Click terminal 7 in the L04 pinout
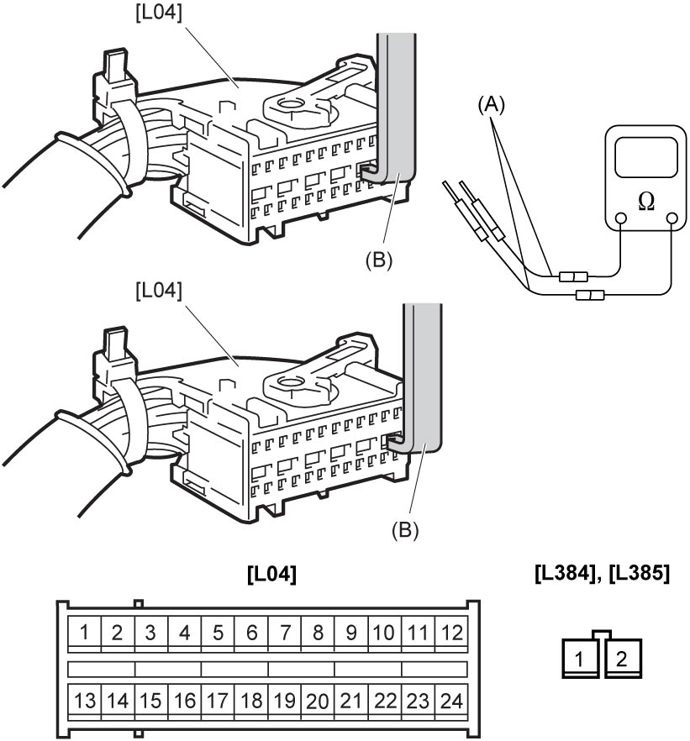point(285,633)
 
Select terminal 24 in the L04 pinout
point(451,702)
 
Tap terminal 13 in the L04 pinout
point(85,702)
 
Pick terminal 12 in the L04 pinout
point(451,633)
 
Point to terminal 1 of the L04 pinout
point(85,633)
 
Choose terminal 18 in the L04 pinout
point(251,702)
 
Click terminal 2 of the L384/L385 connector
point(623,659)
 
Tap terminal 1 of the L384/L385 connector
point(581,659)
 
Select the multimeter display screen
point(646,158)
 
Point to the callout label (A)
point(491,104)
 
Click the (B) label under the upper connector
point(378,260)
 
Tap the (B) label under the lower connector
point(405,530)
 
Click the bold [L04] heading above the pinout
point(271,574)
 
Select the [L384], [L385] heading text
point(602,574)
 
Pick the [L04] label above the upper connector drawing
point(158,13)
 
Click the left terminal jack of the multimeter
point(621,218)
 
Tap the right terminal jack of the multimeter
point(672,218)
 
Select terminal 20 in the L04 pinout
point(318,702)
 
